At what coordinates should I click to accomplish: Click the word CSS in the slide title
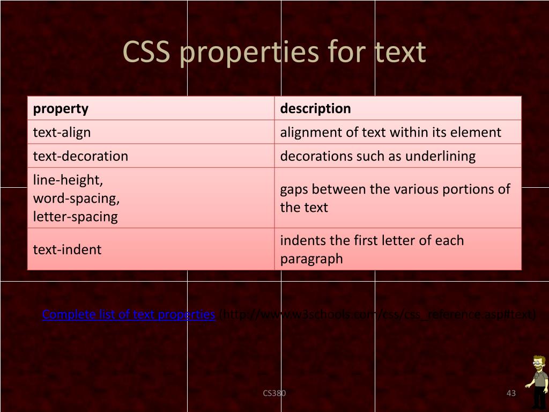[x=148, y=53]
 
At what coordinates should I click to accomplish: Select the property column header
[x=61, y=108]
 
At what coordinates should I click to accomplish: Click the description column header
[x=315, y=108]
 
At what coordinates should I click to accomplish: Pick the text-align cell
[x=62, y=132]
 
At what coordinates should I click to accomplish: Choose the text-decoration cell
[x=80, y=156]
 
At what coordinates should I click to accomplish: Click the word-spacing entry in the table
[x=76, y=198]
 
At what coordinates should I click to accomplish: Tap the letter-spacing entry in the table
[x=75, y=217]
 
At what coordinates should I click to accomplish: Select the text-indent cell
[x=67, y=249]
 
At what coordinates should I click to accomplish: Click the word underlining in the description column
[x=440, y=156]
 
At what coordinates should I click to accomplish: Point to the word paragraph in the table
[x=311, y=259]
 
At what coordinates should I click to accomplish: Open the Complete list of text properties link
[x=129, y=314]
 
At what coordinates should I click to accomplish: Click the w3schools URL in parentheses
[x=377, y=314]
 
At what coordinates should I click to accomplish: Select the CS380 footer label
[x=274, y=393]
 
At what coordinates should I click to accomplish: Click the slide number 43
[x=511, y=393]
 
